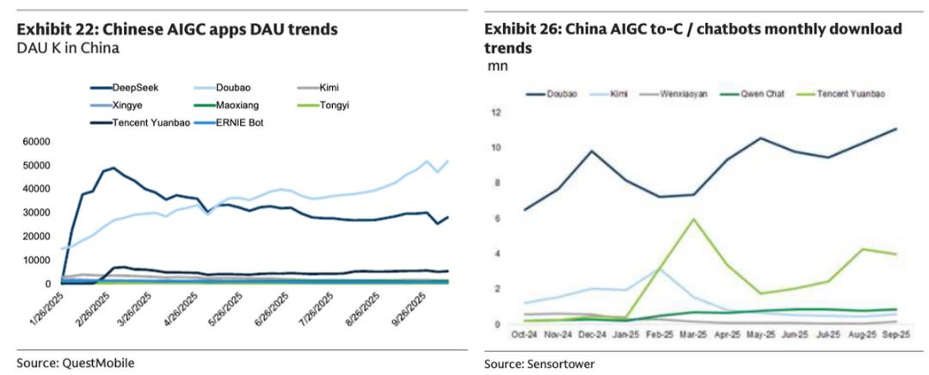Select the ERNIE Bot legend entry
(x=241, y=123)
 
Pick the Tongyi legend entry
(x=336, y=105)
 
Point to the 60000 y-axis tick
(x=35, y=141)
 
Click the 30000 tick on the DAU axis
(x=35, y=212)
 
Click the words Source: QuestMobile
(x=76, y=362)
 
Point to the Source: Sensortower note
(x=539, y=364)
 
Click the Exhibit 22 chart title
(x=177, y=29)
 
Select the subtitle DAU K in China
(x=68, y=48)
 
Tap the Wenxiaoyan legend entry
(x=684, y=94)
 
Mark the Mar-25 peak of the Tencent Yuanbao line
(x=693, y=218)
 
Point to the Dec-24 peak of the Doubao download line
(x=592, y=151)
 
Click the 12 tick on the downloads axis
(x=495, y=112)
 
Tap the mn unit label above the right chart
(x=497, y=66)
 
